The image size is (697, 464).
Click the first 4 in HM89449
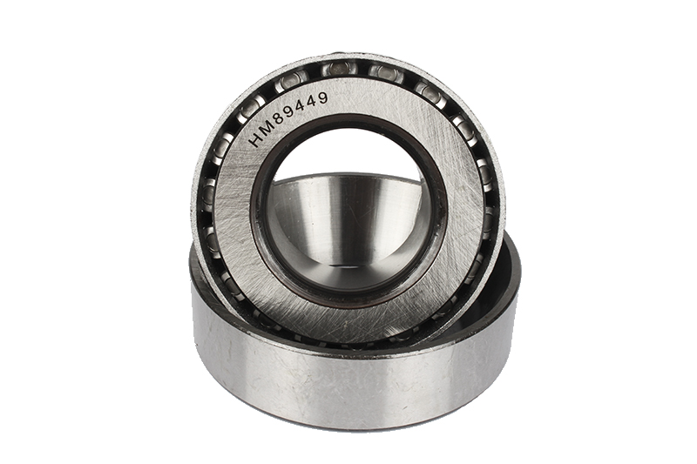click(304, 104)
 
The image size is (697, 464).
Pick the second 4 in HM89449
click(314, 101)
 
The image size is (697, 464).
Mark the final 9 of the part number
click(323, 98)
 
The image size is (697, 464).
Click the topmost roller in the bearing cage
click(338, 69)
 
